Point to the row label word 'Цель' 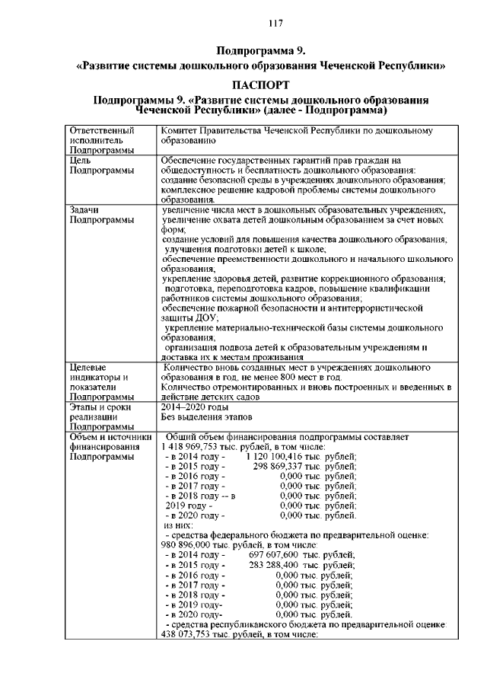(80, 161)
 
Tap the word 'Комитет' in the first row (181, 131)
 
